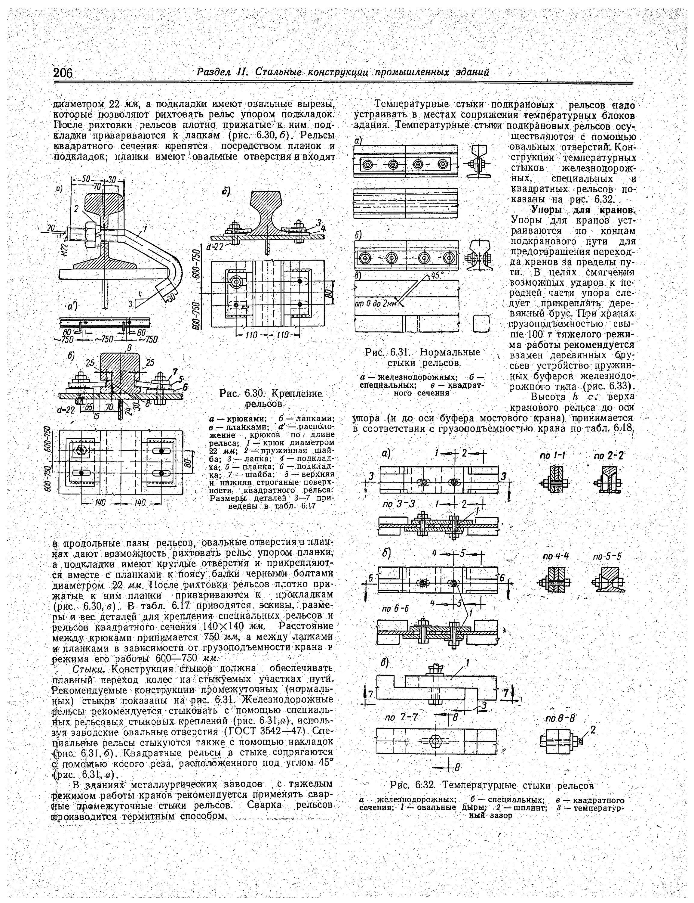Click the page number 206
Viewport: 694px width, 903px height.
tap(63, 73)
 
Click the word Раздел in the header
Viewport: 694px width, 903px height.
tap(214, 72)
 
